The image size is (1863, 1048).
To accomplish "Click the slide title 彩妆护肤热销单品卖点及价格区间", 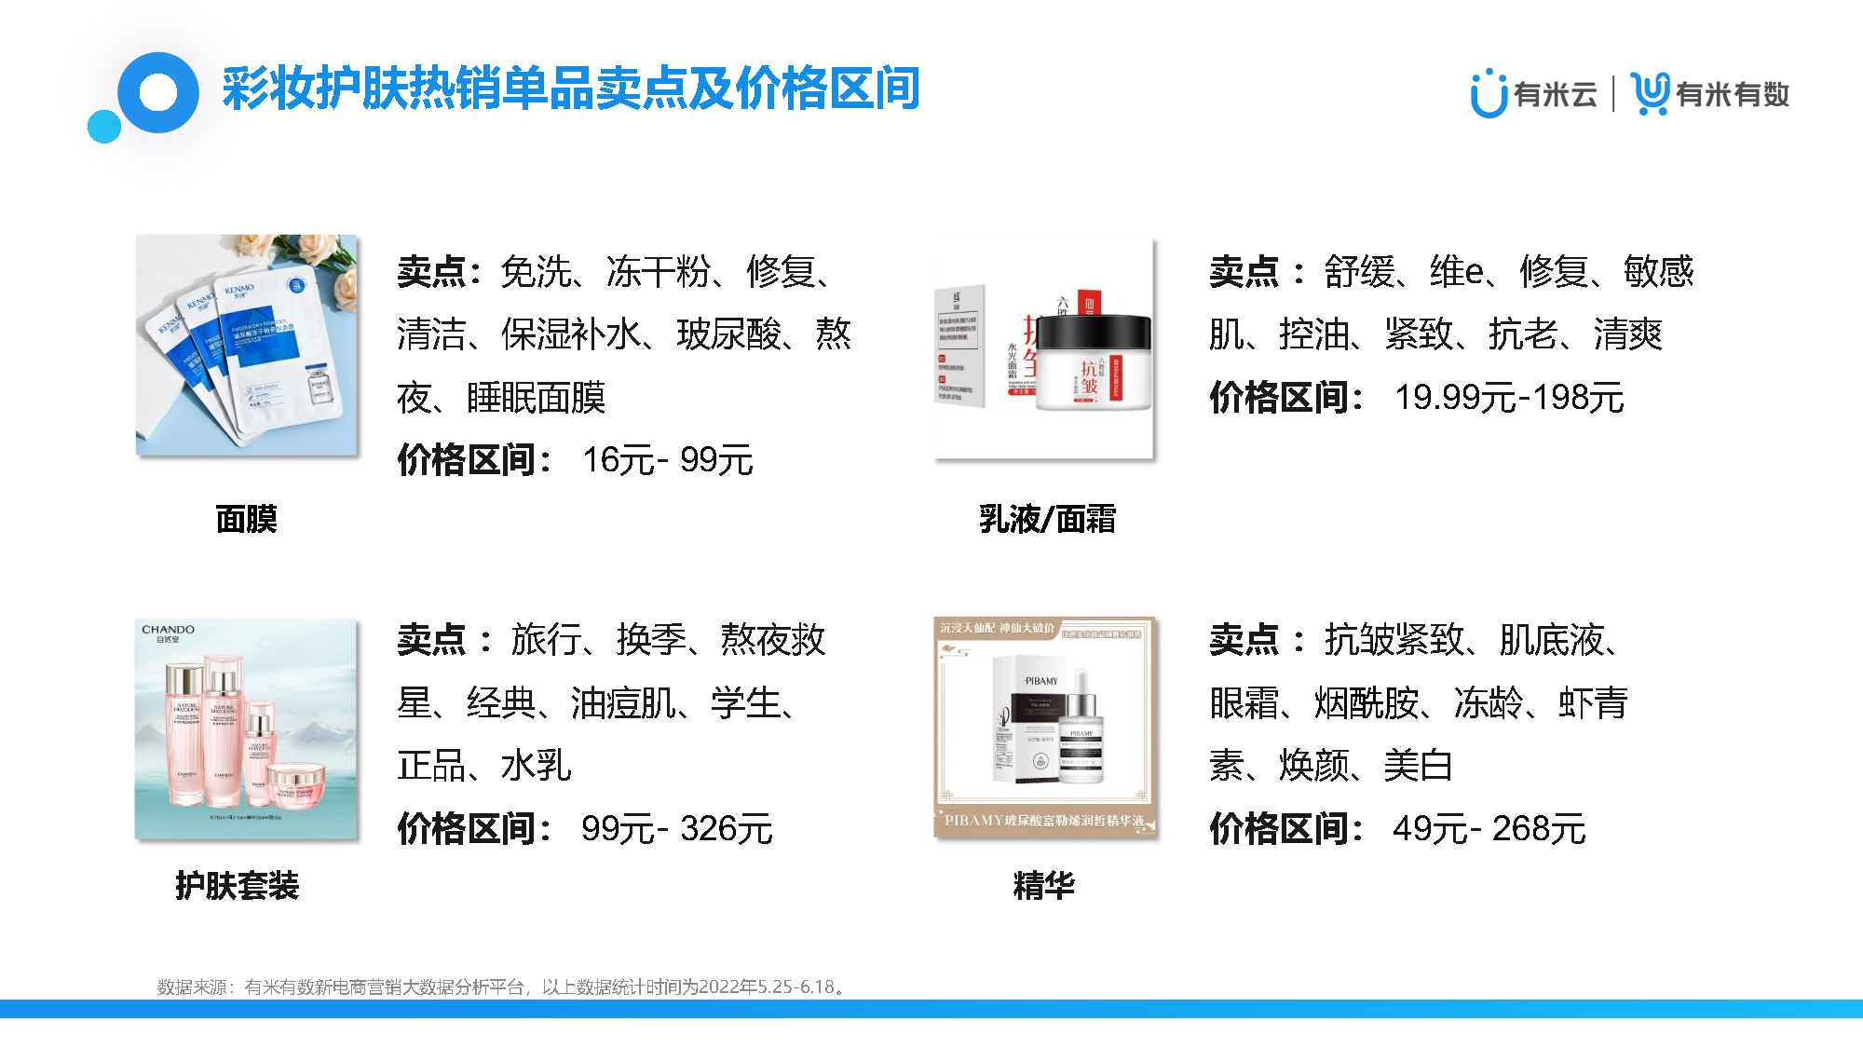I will click(x=570, y=89).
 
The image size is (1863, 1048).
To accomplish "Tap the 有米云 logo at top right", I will click(x=1533, y=94).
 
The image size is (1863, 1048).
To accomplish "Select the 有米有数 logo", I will click(x=1710, y=94).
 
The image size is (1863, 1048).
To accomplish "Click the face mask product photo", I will click(x=246, y=346).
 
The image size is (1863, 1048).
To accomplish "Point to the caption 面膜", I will click(x=246, y=519).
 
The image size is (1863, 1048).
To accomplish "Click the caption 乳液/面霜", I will click(x=1046, y=519).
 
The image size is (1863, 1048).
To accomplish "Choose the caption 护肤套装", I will click(x=237, y=885).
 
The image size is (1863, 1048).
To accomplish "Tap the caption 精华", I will click(x=1043, y=885).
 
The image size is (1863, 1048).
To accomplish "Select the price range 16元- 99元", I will click(x=667, y=460).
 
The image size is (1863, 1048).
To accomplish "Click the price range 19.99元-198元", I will click(x=1509, y=398).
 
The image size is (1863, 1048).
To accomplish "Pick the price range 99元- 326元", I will click(x=677, y=828).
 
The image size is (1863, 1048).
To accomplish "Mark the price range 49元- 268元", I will click(x=1489, y=828).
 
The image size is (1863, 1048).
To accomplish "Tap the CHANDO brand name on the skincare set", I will click(x=168, y=630).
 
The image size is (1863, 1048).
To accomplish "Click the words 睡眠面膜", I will click(x=536, y=398).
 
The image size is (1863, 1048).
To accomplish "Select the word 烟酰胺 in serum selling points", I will click(x=1366, y=703).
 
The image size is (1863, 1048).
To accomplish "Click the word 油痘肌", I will click(x=623, y=703).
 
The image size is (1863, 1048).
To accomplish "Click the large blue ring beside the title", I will click(x=159, y=93).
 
